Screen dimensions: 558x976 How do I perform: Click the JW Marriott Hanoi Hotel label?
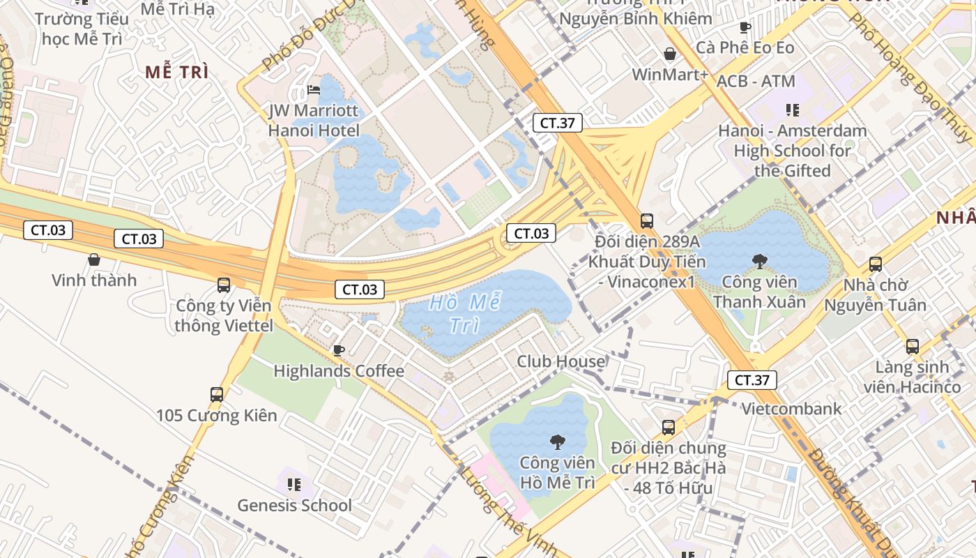314,121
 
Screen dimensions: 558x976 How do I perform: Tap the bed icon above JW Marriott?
314,90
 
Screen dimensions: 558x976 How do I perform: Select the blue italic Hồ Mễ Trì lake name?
465,314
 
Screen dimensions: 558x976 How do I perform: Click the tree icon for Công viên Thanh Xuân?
759,262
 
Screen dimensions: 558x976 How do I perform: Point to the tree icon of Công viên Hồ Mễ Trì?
557,442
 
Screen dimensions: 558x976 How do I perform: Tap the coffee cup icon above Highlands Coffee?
339,349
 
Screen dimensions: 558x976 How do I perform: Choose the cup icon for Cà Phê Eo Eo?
745,28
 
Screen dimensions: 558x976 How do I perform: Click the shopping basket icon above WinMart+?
670,54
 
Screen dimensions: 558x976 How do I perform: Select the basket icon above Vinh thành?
94,259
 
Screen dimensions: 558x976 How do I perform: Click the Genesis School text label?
294,505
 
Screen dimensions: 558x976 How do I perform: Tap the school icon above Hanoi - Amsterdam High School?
792,110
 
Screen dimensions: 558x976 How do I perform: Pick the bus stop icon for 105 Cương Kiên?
217,395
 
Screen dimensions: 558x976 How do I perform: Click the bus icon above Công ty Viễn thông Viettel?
223,285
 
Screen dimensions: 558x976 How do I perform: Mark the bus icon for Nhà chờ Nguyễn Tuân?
876,264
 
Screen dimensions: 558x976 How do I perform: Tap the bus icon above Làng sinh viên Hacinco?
912,346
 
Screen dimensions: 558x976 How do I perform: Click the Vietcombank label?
791,409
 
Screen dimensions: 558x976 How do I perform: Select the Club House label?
561,361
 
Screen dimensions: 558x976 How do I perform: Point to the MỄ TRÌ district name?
177,72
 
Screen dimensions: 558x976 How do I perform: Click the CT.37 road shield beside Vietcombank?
752,380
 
